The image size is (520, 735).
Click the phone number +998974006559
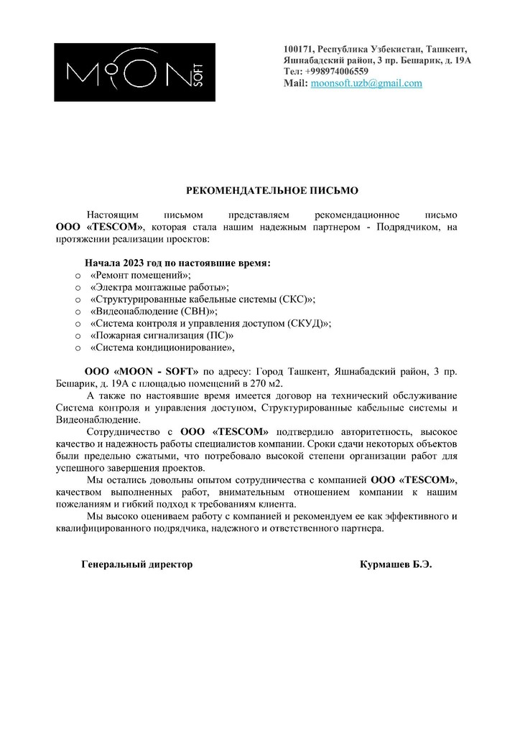point(336,72)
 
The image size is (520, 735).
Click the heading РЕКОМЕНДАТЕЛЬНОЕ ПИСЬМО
point(271,191)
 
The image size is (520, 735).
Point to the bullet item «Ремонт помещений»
point(141,275)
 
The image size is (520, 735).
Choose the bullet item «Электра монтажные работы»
point(160,287)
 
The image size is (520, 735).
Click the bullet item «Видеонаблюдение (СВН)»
point(154,312)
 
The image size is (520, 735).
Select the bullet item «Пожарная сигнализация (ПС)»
point(162,336)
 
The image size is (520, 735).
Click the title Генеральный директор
point(137,564)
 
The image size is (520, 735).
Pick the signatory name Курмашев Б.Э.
point(396,564)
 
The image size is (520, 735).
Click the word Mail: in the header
point(296,83)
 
